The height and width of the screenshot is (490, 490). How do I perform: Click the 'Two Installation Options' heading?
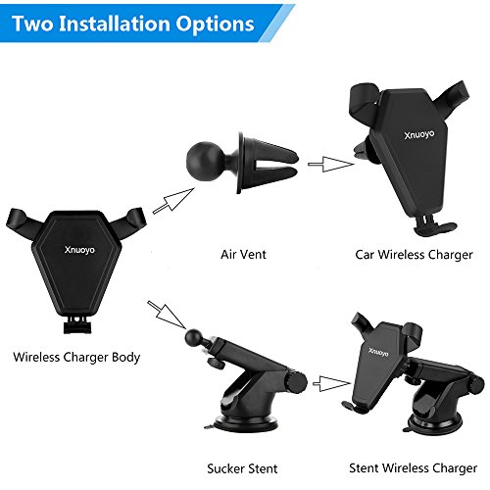pos(133,24)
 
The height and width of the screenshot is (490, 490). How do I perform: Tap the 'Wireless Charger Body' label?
pos(76,357)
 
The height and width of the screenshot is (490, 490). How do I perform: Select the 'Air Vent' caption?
pos(243,254)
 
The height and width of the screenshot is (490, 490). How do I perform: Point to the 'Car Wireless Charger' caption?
pos(414,255)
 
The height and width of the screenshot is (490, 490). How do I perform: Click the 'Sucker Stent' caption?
pos(242,468)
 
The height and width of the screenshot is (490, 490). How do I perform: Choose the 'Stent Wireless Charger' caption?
pos(413,468)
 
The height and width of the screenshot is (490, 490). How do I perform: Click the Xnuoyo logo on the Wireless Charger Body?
pos(79,250)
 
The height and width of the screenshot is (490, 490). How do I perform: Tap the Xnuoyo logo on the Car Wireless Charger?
pos(419,134)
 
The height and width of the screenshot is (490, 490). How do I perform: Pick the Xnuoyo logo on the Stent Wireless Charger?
pos(378,352)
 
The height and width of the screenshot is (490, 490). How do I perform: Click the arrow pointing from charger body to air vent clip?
pos(173,201)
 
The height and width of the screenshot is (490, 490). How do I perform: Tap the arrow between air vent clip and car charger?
pos(331,164)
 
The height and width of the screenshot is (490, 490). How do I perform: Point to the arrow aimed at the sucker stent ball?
pos(167,315)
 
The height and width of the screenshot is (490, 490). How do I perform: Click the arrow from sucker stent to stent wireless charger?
pos(331,383)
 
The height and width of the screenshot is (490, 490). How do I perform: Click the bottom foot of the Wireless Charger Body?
pos(77,325)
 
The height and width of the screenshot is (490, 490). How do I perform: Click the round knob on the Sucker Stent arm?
pos(297,382)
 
